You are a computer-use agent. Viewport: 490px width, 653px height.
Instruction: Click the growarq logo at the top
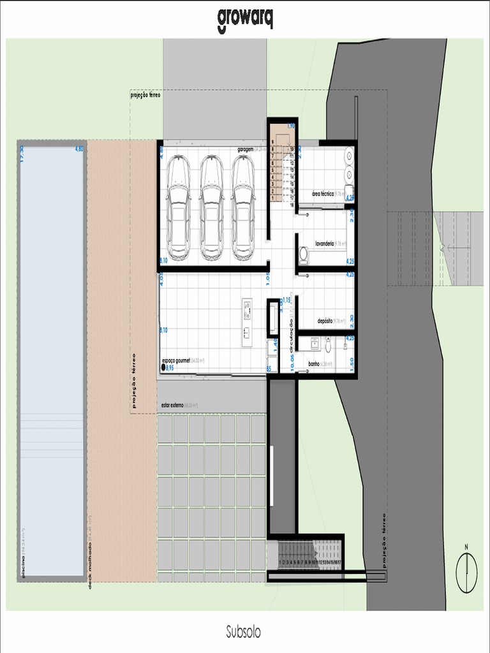tap(245, 18)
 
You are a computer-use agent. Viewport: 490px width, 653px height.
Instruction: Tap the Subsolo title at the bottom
tap(243, 632)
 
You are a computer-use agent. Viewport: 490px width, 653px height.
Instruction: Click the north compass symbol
tap(466, 572)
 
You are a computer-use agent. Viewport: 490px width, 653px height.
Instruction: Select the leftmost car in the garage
tap(178, 208)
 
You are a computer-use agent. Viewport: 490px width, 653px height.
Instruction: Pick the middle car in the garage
tap(211, 208)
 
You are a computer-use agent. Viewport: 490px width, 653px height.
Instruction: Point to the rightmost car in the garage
tap(243, 208)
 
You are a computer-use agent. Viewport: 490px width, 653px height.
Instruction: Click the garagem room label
tap(246, 149)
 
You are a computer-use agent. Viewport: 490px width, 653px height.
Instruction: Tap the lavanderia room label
tap(329, 243)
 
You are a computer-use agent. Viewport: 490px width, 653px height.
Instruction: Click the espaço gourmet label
tap(182, 360)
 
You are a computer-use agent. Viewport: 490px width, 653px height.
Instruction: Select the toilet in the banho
tap(328, 346)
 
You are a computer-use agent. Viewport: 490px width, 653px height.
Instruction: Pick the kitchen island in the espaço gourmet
tap(248, 318)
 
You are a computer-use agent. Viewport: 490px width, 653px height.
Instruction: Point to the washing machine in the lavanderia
tap(303, 254)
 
